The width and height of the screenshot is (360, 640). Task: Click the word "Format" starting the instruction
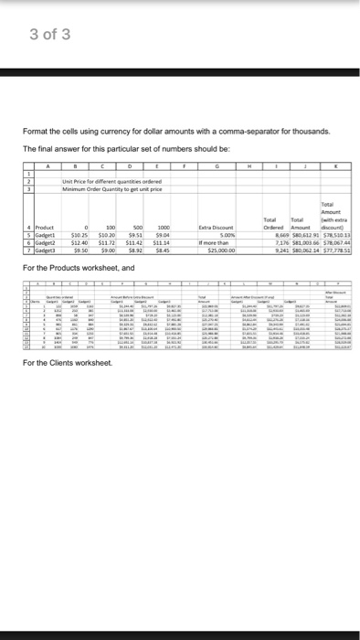click(34, 132)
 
